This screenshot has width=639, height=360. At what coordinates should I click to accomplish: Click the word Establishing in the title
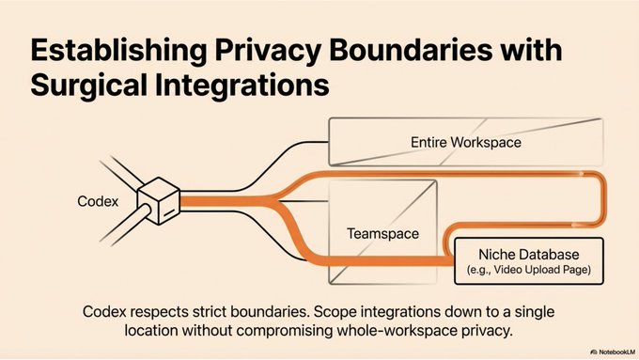coord(118,51)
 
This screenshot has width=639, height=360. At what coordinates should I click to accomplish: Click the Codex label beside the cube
coord(98,201)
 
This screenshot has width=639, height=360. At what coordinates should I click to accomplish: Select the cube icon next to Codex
coord(159,200)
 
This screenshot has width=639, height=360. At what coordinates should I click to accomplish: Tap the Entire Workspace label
coord(466,142)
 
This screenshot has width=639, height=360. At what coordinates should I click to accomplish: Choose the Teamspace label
coord(382,234)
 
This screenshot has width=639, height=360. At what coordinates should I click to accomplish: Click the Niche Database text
coord(528,255)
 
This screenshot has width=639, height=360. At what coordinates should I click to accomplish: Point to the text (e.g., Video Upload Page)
coord(528,270)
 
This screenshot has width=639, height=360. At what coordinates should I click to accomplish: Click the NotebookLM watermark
coord(613,352)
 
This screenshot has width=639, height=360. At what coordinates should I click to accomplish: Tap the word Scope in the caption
coord(335,313)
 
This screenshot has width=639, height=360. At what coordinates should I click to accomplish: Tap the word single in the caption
coord(535,313)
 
